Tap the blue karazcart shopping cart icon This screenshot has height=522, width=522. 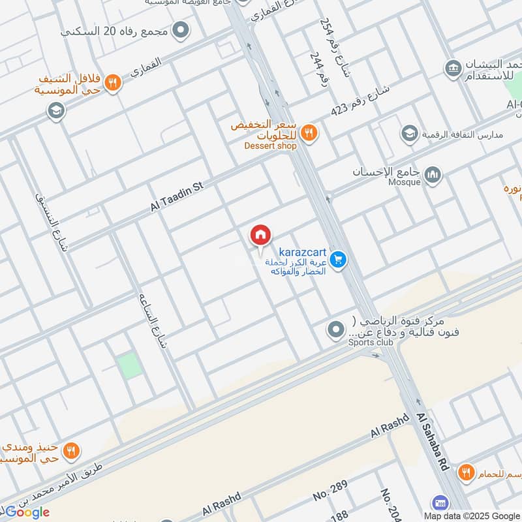tap(337, 260)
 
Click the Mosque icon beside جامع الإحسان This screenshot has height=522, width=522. tap(433, 175)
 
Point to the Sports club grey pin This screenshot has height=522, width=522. tap(335, 330)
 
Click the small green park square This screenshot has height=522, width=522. tap(130, 365)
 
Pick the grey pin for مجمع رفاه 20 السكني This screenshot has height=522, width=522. tap(181, 30)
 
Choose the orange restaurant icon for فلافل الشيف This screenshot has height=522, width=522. tap(113, 84)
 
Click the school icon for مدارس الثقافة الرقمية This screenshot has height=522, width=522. tap(409, 134)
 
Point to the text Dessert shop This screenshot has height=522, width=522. tap(270, 146)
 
